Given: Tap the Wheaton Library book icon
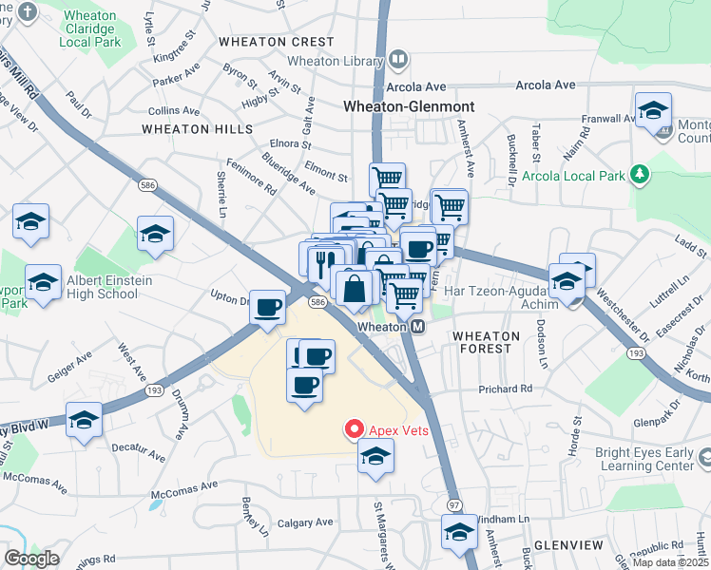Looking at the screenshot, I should click(x=397, y=60).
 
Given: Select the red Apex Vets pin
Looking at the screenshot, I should click(x=355, y=429).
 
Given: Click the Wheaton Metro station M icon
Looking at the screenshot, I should click(x=417, y=326).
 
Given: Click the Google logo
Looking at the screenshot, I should click(x=31, y=559).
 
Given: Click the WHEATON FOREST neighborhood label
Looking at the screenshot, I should click(x=486, y=342).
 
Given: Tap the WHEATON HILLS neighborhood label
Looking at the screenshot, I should click(x=198, y=128).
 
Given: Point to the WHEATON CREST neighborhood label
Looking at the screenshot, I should click(x=276, y=42).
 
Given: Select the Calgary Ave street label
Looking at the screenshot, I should click(x=305, y=522).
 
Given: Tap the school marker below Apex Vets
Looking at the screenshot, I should click(x=375, y=457).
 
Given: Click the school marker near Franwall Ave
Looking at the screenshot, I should click(x=653, y=111).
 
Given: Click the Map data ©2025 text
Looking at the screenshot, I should click(x=670, y=562).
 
